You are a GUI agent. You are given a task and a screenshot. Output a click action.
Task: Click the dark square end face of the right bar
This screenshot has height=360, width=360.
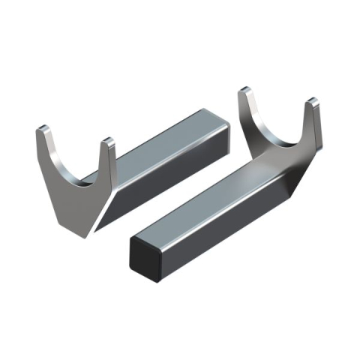pos(147,259)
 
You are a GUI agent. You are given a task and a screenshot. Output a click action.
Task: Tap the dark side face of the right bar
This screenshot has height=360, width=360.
pos(225,225)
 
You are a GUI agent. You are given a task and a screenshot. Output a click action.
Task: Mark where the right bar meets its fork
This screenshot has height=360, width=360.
pos(259,161)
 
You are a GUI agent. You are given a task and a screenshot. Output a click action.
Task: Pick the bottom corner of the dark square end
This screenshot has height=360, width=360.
pos(159,281)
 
